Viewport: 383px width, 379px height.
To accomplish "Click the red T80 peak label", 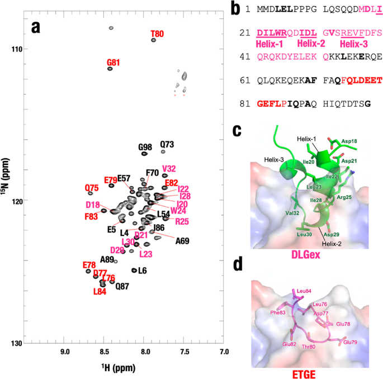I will [157, 34].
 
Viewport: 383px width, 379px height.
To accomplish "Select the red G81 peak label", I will [114, 63].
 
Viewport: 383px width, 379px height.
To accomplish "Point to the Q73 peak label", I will [167, 144].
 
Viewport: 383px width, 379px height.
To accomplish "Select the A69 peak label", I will [182, 241].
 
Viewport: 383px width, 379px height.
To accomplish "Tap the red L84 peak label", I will [100, 291].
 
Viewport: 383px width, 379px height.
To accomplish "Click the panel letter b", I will [235, 9].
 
